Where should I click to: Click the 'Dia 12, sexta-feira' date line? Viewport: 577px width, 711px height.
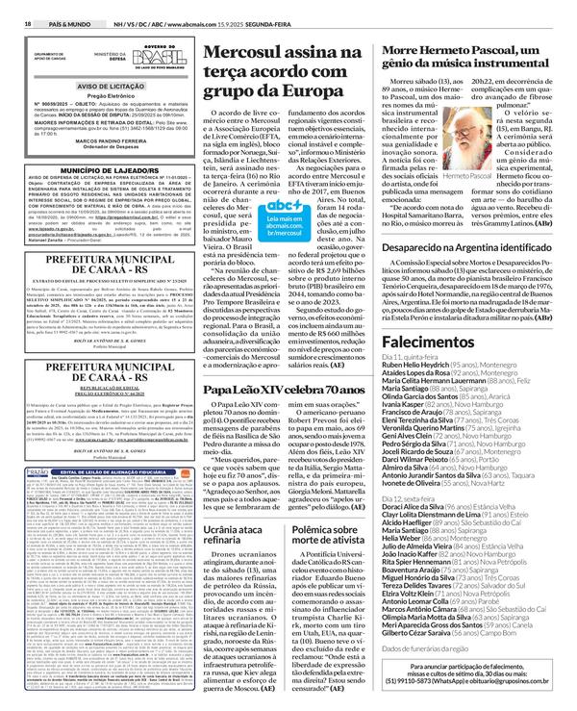click(x=439, y=499)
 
